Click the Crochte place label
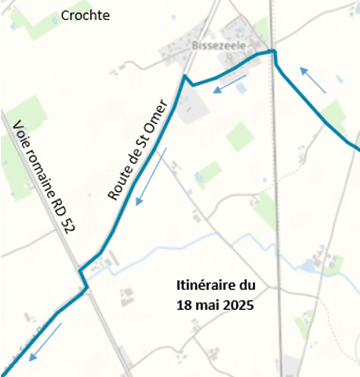pos(86,15)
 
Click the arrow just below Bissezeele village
pos(230,84)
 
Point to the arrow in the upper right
pos(313,80)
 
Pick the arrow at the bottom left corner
pos(45,342)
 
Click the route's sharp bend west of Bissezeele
pos(184,76)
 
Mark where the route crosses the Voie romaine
pos(83,280)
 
